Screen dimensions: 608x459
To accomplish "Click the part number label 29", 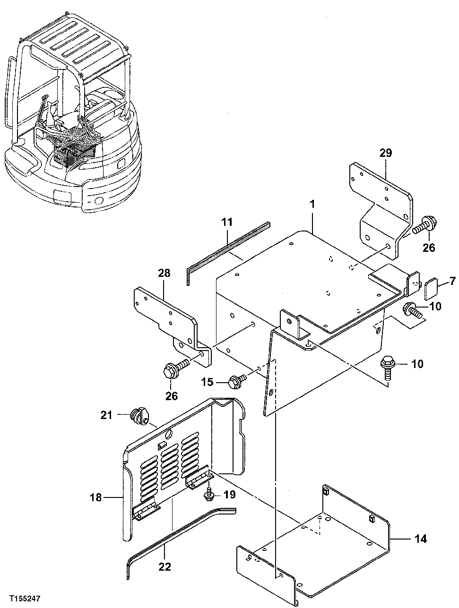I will [x=385, y=153].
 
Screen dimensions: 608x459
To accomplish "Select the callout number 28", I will [x=165, y=273].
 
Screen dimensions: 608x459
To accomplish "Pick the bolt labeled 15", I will [x=237, y=380].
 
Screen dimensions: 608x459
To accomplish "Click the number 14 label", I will [x=420, y=539].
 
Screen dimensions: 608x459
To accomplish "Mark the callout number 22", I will [x=165, y=567].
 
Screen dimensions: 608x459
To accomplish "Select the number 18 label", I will [x=96, y=497].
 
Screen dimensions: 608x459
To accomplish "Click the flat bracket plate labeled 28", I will [x=165, y=314].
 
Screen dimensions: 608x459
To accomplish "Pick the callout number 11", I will [x=227, y=221].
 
